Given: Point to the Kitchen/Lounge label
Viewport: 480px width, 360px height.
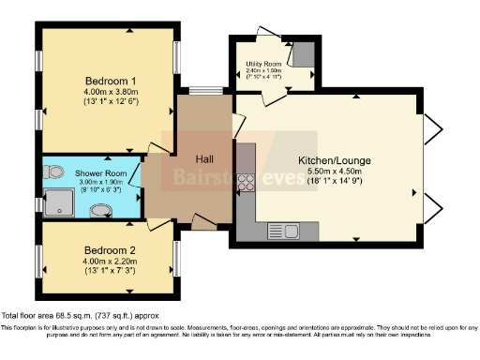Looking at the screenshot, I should click(x=328, y=159).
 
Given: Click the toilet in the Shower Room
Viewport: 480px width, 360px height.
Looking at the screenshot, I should click(x=53, y=172).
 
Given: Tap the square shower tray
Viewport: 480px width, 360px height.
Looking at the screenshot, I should click(x=59, y=201).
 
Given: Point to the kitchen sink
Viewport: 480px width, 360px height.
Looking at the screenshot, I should click(x=281, y=230).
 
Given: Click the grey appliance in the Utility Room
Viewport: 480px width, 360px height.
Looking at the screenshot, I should click(x=302, y=55).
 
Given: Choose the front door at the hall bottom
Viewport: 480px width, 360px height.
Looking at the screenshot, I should click(x=203, y=222).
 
